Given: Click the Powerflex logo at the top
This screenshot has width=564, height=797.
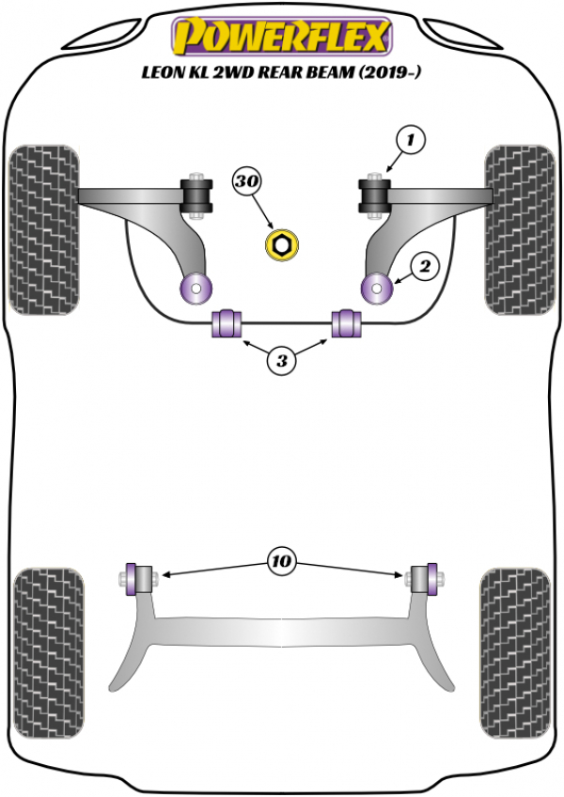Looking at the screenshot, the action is (x=282, y=36).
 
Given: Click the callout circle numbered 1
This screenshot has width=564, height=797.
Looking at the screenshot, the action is (x=411, y=140).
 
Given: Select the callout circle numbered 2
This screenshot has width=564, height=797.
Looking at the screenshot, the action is (x=424, y=266).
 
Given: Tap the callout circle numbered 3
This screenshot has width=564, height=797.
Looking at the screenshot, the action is (x=282, y=361).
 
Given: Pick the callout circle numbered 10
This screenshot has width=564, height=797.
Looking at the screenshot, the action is (x=281, y=561).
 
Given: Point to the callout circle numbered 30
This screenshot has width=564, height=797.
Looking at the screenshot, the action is (x=246, y=180).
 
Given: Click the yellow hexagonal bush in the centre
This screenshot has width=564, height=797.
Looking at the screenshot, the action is (x=282, y=245).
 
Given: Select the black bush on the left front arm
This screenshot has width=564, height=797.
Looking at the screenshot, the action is (x=197, y=195).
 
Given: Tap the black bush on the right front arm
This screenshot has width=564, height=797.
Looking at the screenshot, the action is (x=374, y=195).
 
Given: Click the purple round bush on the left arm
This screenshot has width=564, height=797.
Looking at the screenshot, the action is (x=196, y=289).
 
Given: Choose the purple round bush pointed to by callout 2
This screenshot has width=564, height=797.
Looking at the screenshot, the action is (x=377, y=289).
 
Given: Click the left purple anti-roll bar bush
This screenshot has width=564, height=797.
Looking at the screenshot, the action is (x=227, y=322).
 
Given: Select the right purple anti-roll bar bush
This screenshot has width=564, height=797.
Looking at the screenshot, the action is (x=346, y=322).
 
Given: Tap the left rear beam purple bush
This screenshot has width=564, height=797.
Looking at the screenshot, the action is (x=132, y=578).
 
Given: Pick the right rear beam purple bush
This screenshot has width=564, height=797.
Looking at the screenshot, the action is (x=431, y=578).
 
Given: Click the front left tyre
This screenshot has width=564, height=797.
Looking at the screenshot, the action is (x=44, y=230).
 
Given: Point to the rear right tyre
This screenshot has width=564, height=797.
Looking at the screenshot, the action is (x=516, y=652).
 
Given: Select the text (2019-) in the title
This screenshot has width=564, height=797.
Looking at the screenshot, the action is (x=390, y=72).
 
